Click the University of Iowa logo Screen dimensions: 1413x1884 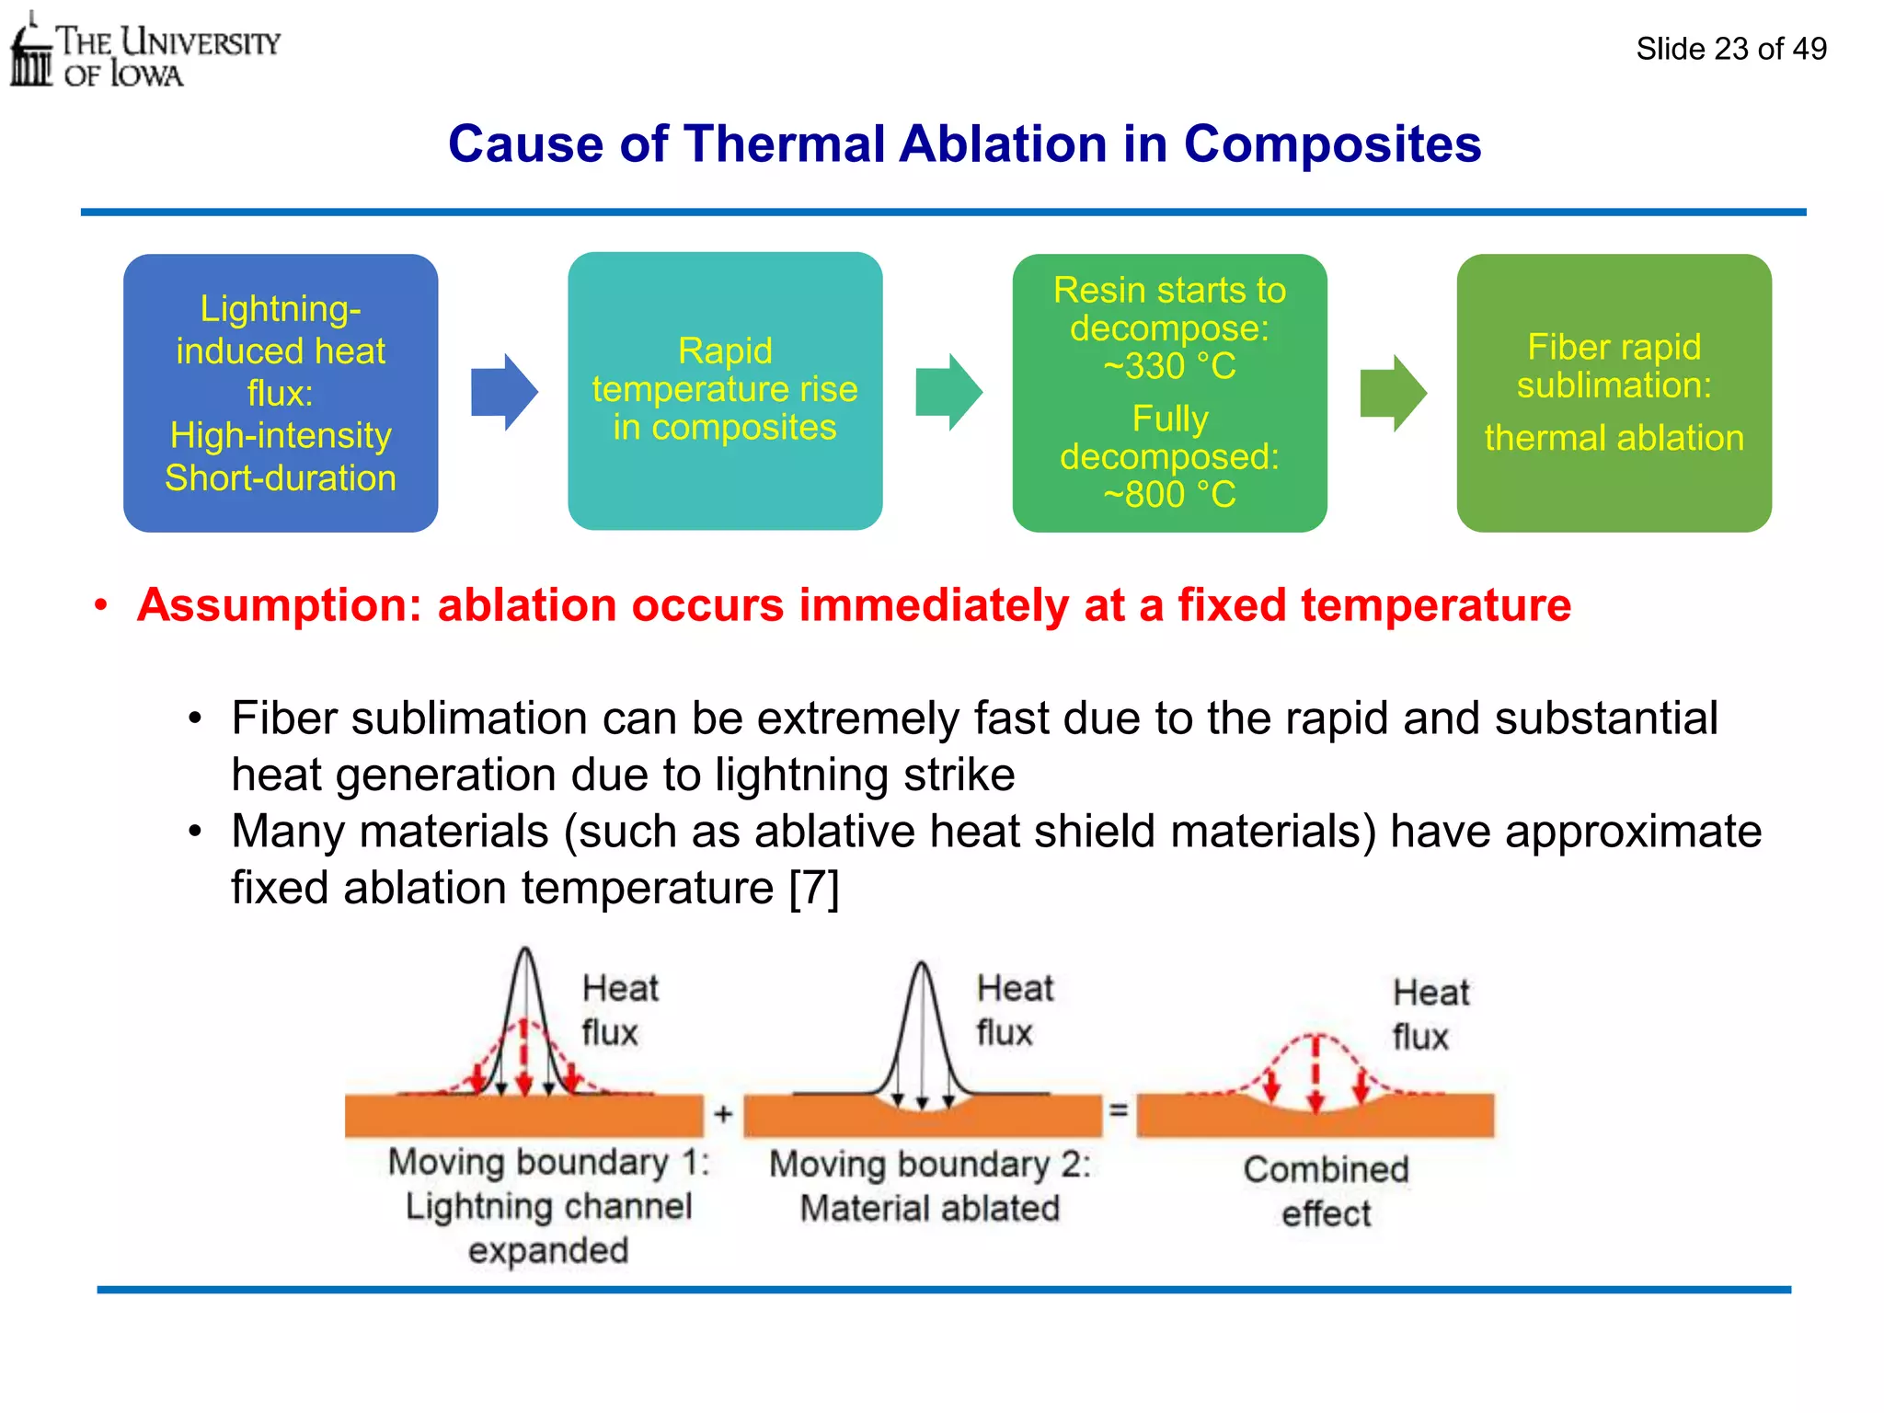click(x=143, y=52)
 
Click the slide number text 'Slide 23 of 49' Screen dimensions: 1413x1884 click(x=1730, y=49)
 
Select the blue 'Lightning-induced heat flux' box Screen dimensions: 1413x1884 click(x=281, y=393)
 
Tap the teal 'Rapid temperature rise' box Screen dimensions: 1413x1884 click(x=725, y=391)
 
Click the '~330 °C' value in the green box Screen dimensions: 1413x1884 click(x=1169, y=367)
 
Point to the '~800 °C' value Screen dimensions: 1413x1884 click(x=1169, y=495)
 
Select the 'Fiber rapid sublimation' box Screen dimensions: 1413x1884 click(x=1614, y=393)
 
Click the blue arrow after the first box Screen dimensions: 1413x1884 click(x=503, y=393)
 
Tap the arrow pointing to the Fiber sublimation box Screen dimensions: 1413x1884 click(x=1393, y=393)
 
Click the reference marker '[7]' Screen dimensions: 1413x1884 click(x=814, y=889)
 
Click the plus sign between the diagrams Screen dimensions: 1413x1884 click(x=724, y=1114)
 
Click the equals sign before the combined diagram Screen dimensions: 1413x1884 click(x=1119, y=1110)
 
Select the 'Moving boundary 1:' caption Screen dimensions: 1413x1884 click(x=548, y=1163)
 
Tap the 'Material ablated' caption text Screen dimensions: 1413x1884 click(x=929, y=1208)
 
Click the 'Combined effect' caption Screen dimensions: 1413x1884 click(x=1326, y=1191)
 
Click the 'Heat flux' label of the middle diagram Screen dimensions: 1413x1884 click(x=1014, y=1010)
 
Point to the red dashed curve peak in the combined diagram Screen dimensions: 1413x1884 click(x=1316, y=1038)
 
